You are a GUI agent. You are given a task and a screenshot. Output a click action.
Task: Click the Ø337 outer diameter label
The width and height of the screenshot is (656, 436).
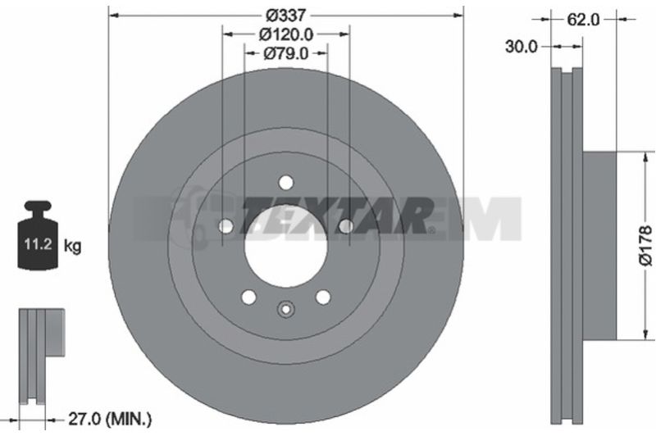click(286, 16)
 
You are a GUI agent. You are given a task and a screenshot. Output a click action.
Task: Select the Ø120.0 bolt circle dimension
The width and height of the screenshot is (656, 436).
click(286, 34)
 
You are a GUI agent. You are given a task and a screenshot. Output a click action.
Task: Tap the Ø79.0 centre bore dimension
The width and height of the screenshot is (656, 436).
click(286, 53)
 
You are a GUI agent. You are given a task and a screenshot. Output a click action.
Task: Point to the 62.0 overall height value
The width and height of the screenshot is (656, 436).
click(583, 19)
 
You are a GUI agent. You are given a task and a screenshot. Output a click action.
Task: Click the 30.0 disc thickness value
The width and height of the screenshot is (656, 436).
click(521, 47)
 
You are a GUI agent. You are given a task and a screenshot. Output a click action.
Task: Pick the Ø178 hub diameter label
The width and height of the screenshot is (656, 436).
click(645, 245)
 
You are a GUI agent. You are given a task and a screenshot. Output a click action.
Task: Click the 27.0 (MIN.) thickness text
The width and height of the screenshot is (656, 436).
click(110, 419)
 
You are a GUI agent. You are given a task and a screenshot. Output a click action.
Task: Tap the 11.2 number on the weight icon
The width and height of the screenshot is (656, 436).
click(38, 243)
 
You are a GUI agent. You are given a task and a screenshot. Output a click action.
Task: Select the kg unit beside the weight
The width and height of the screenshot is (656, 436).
click(72, 246)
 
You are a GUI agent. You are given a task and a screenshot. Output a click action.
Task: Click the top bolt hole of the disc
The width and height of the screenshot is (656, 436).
click(286, 183)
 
